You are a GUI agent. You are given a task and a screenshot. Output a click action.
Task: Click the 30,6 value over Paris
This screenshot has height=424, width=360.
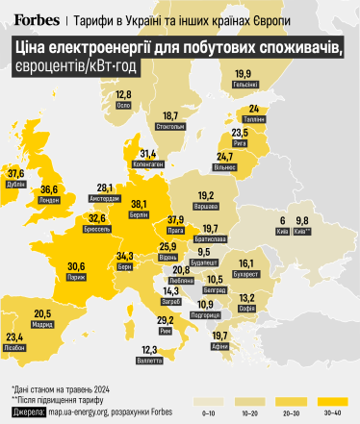point(76,266)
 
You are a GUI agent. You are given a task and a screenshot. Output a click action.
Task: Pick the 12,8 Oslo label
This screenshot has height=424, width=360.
point(123,94)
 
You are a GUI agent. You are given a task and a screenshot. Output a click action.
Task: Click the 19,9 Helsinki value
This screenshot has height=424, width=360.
point(243,73)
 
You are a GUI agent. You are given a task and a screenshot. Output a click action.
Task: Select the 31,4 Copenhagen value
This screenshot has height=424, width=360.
point(149,152)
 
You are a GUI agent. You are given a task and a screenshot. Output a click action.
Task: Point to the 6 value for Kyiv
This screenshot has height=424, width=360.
point(283,219)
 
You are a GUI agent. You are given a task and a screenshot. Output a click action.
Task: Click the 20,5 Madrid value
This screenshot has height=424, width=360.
point(42,313)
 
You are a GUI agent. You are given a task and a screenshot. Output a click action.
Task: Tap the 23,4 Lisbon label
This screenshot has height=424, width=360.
point(14,336)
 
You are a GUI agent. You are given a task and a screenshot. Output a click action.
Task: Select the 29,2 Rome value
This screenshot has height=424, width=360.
point(165,319)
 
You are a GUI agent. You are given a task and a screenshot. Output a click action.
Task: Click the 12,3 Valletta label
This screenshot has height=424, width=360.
point(149,349)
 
